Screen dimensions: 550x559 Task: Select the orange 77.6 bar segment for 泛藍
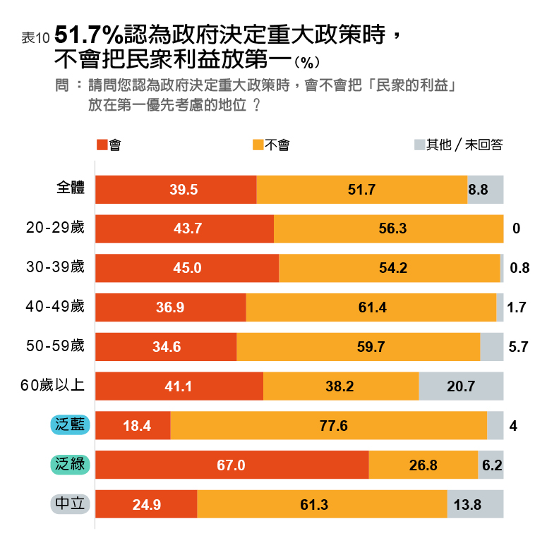(328, 426)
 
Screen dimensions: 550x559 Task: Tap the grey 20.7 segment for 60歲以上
(461, 386)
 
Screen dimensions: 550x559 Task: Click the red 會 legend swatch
(101, 145)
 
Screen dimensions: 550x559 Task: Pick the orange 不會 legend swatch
(258, 145)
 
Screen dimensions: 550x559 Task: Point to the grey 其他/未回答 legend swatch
(419, 145)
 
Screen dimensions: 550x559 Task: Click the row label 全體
(71, 189)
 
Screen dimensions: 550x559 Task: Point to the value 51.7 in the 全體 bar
(361, 190)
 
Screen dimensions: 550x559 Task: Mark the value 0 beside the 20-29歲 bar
(517, 229)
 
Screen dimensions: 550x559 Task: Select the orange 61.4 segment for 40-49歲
(371, 307)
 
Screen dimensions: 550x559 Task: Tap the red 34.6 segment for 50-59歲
(166, 347)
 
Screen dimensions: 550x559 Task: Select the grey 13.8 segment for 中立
(475, 505)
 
